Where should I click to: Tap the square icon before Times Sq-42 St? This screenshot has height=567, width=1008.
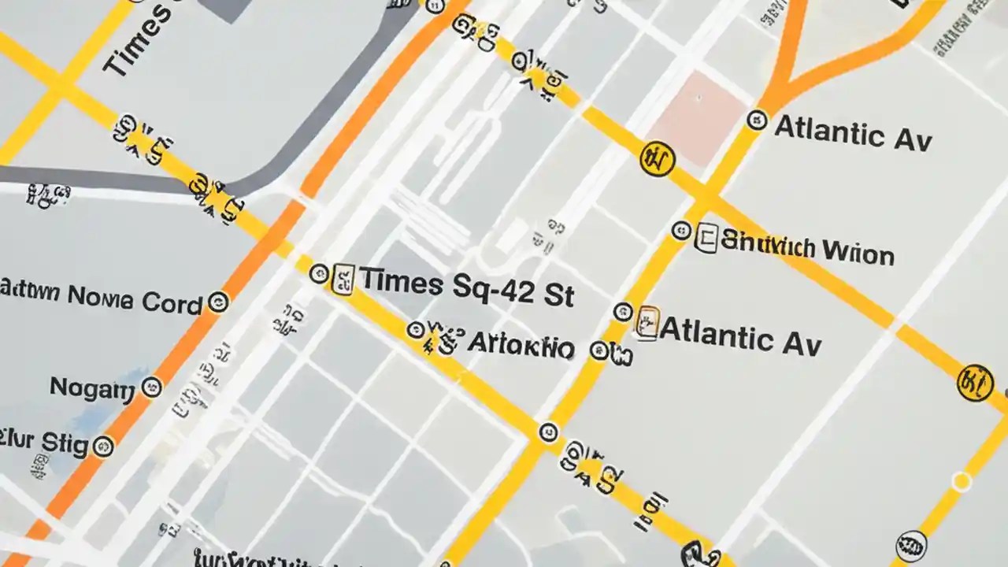344,280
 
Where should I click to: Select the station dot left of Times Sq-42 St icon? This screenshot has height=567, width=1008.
319,274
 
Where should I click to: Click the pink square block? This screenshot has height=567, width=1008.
699,118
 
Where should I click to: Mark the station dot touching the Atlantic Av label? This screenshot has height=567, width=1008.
757,120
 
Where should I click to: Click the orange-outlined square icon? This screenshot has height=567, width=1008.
647,323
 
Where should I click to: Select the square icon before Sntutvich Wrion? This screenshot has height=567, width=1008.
706,237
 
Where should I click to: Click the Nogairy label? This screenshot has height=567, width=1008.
92,387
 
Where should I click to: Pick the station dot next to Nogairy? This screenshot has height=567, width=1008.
151,387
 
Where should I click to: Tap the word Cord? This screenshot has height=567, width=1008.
172,301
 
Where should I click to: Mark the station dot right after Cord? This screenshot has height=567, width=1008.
217,302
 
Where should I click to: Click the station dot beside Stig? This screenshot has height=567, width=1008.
103,447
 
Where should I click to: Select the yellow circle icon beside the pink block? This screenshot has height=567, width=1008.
658,159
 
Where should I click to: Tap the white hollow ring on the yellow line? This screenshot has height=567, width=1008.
961,482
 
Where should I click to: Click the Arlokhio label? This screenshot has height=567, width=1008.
521,345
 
